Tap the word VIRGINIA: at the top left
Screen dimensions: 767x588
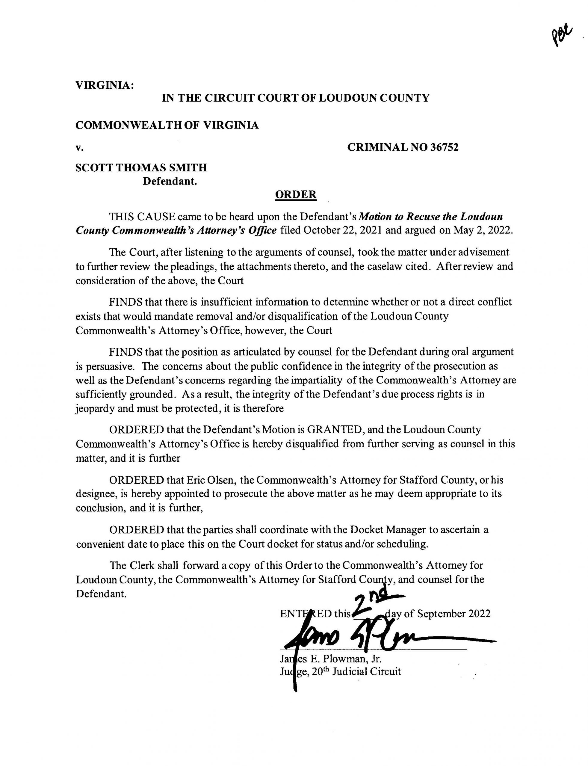point(105,85)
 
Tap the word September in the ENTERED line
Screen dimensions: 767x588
point(442,613)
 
